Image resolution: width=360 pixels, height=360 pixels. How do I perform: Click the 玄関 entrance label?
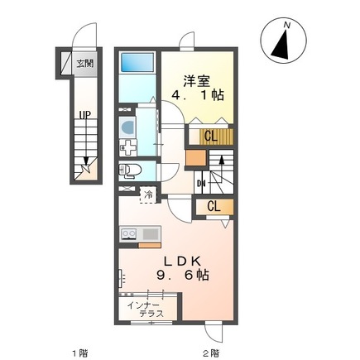pyautogui.click(x=85, y=64)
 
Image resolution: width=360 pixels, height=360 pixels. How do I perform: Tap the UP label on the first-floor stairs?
pyautogui.click(x=85, y=115)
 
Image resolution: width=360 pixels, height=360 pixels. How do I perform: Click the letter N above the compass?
pyautogui.click(x=287, y=26)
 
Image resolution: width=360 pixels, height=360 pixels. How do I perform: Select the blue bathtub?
pyautogui.click(x=137, y=63)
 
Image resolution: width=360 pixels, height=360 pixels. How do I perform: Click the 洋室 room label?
pyautogui.click(x=197, y=81)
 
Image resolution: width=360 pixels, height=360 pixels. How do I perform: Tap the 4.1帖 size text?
pyautogui.click(x=198, y=95)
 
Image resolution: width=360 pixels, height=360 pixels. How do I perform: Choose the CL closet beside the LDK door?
pyautogui.click(x=214, y=206)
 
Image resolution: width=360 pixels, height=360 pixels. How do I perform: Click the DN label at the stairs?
pyautogui.click(x=200, y=183)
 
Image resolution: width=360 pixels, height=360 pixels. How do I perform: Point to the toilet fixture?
pyautogui.click(x=129, y=170)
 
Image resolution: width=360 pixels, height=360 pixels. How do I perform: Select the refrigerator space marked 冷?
pyautogui.click(x=148, y=195)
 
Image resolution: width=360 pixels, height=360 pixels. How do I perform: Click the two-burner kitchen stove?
pyautogui.click(x=128, y=234)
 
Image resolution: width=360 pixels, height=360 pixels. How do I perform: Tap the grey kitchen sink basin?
pyautogui.click(x=151, y=234)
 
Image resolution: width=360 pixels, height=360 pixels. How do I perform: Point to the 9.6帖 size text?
pyautogui.click(x=183, y=275)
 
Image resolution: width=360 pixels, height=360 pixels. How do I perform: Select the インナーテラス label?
pyautogui.click(x=145, y=310)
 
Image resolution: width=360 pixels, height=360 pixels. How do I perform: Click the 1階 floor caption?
pyautogui.click(x=80, y=353)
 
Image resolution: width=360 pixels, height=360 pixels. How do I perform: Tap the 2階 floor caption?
pyautogui.click(x=212, y=353)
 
